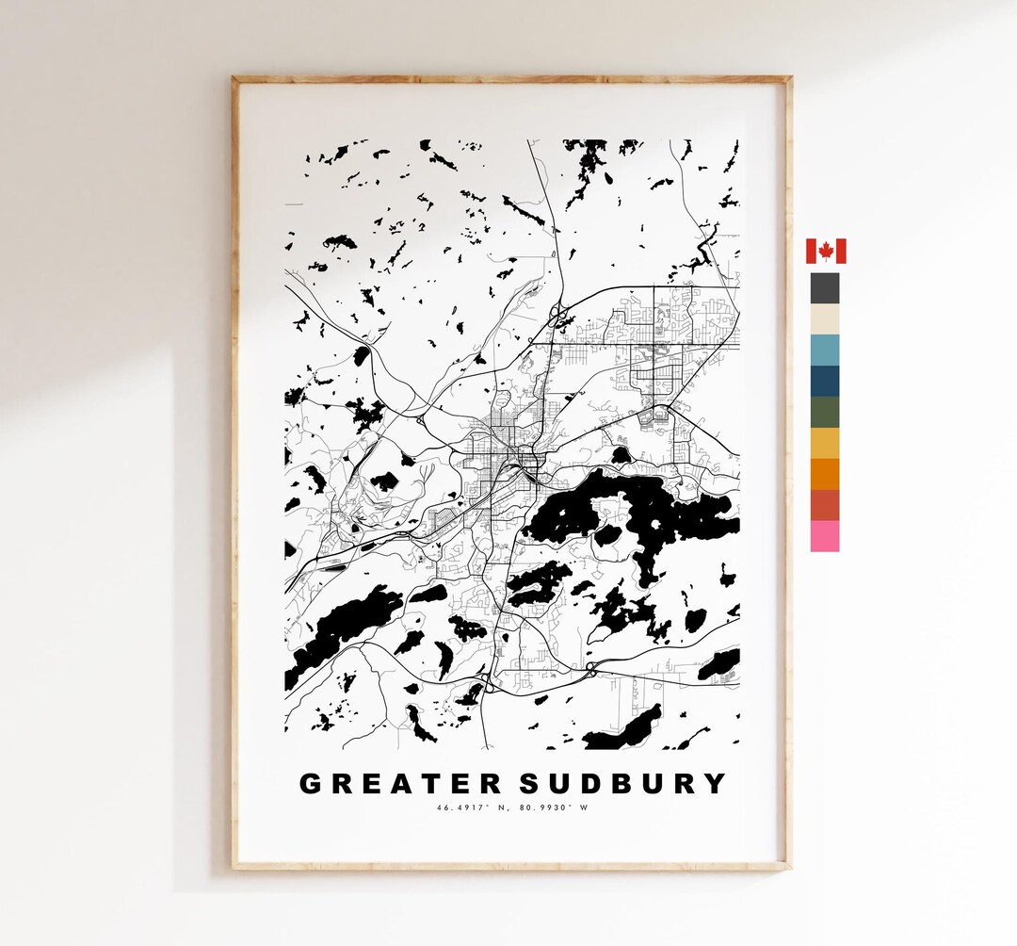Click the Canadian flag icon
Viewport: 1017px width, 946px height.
coord(826,252)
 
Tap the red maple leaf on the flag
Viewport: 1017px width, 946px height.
coord(826,252)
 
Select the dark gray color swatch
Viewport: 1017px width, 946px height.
coord(825,288)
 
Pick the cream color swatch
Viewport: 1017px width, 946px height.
coord(825,319)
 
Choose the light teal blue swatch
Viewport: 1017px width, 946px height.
coord(825,351)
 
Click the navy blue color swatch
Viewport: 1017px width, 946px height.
coord(825,382)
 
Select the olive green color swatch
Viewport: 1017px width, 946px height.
coord(825,413)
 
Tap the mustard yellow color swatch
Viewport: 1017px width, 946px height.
coord(825,444)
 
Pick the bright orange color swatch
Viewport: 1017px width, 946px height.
coord(825,474)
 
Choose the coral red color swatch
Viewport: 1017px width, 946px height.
coord(825,505)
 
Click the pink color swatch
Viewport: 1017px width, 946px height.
coord(825,536)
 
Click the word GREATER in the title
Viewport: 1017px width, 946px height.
coord(400,784)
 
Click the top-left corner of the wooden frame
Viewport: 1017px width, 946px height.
coord(234,79)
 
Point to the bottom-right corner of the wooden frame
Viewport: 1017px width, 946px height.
coord(789,866)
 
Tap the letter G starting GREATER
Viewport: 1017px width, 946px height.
coord(310,784)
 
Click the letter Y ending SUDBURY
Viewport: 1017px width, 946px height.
coord(716,784)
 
